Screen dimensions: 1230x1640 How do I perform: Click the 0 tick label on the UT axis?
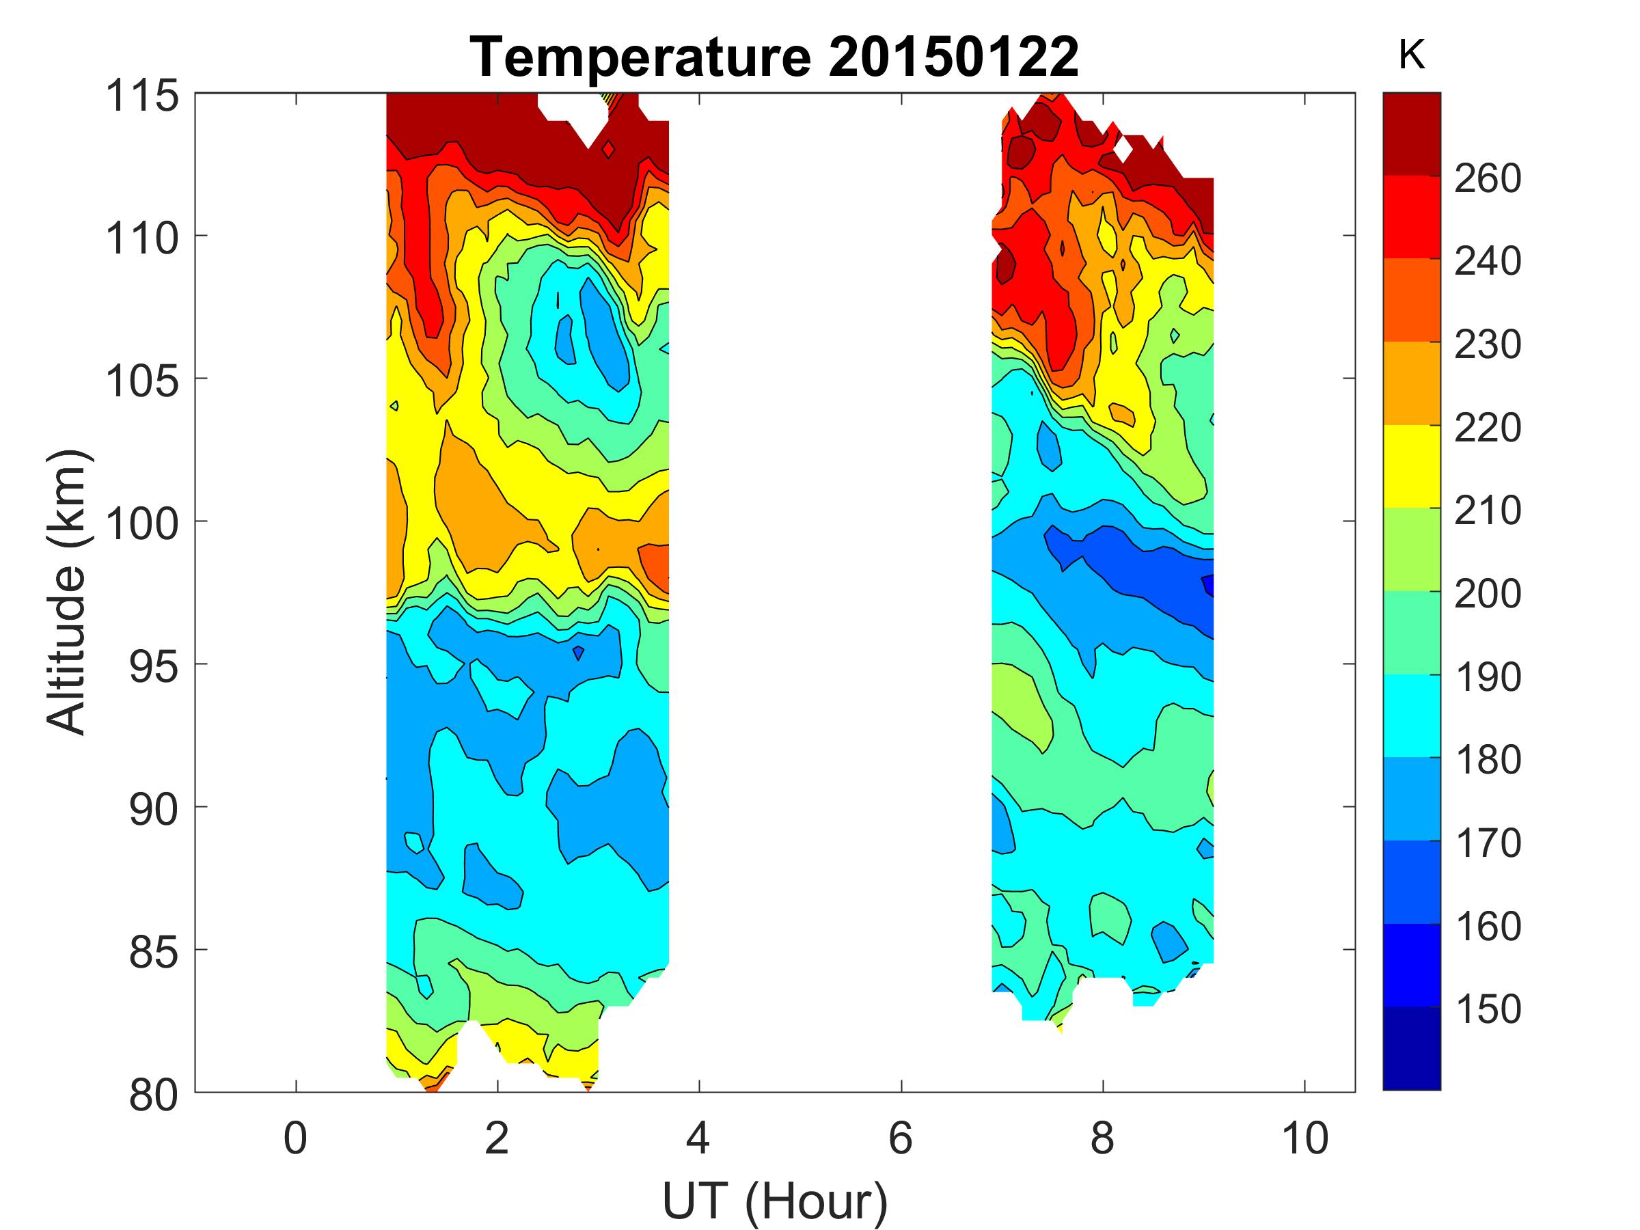(295, 1138)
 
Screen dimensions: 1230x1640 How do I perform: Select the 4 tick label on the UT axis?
(698, 1138)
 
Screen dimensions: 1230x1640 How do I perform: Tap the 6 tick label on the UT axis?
(900, 1138)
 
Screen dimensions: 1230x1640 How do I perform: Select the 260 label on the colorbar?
(1487, 178)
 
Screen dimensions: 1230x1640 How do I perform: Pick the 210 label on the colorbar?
(1487, 511)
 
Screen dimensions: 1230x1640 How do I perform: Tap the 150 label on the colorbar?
(1487, 1009)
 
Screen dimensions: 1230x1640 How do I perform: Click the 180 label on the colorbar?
(1487, 760)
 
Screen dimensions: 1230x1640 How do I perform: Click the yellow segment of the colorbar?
(1412, 466)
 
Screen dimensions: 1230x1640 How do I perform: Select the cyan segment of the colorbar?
(1412, 715)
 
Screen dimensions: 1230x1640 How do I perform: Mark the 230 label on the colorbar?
(1487, 345)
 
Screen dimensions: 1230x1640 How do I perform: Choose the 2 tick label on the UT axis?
(497, 1138)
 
